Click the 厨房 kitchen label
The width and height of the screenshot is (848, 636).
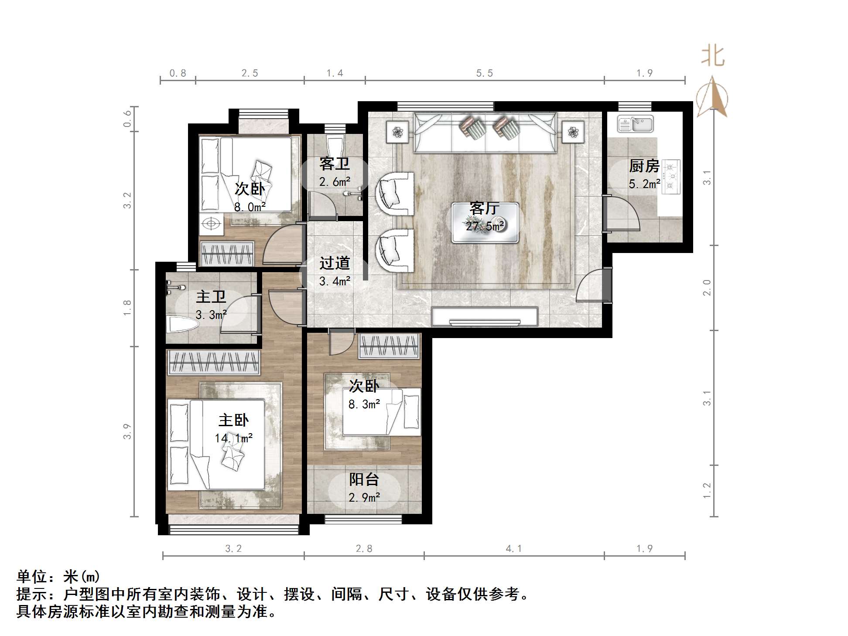(644, 166)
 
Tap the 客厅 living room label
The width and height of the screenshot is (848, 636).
(484, 208)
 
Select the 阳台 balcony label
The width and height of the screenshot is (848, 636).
(364, 479)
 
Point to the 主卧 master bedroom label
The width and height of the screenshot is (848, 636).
(233, 420)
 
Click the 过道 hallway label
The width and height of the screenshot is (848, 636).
(335, 263)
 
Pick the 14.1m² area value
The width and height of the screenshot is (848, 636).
(233, 438)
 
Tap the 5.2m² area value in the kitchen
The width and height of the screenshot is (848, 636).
(644, 184)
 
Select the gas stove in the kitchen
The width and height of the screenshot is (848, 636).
(671, 176)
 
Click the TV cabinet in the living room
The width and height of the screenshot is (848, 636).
(484, 316)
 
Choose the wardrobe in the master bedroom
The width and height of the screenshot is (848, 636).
(214, 362)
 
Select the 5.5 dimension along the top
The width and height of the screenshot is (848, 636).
(484, 73)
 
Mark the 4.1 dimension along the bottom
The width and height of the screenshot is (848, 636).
(513, 548)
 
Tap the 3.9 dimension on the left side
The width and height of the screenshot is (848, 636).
(127, 431)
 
